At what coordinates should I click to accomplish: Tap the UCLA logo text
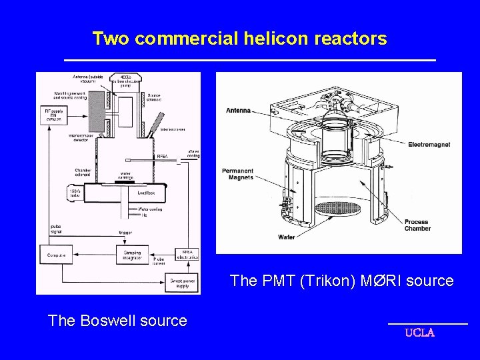tap(420, 333)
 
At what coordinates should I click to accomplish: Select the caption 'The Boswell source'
tap(117, 321)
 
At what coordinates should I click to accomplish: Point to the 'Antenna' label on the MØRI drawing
tap(238, 110)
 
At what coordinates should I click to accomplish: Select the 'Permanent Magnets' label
tap(238, 174)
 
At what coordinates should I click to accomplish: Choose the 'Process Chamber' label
tap(417, 225)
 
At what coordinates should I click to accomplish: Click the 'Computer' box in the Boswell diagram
tap(57, 255)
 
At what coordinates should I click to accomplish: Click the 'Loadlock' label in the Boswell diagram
tap(146, 192)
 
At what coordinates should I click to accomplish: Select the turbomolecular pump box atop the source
tap(126, 81)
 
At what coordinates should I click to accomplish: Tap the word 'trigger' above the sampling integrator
tap(125, 233)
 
